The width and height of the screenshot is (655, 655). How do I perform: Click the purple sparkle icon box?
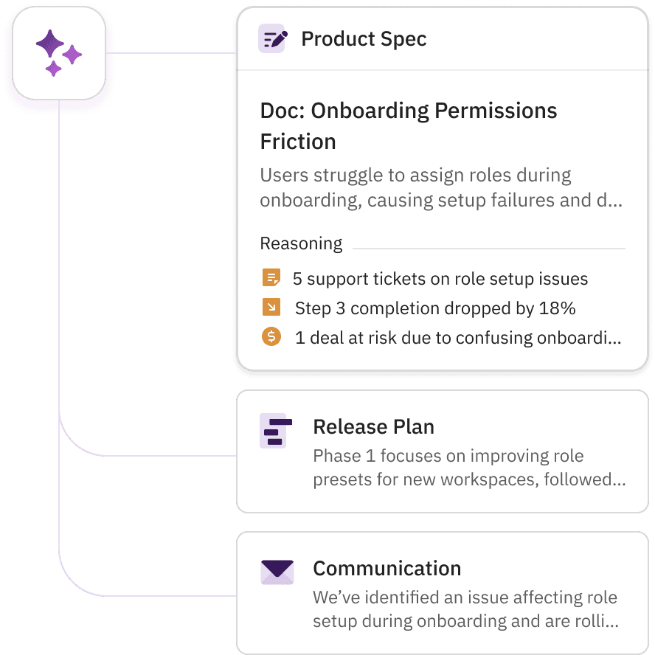tap(59, 52)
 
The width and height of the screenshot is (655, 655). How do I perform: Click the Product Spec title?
tap(364, 39)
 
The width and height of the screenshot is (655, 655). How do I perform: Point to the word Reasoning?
tap(301, 243)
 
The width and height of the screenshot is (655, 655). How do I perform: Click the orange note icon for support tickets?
tap(271, 278)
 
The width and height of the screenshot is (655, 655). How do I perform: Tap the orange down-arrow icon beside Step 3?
tap(271, 308)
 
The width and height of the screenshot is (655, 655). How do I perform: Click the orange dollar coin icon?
tap(271, 337)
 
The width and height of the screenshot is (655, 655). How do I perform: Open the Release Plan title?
tap(373, 427)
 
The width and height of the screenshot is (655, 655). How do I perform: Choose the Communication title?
tap(387, 569)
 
